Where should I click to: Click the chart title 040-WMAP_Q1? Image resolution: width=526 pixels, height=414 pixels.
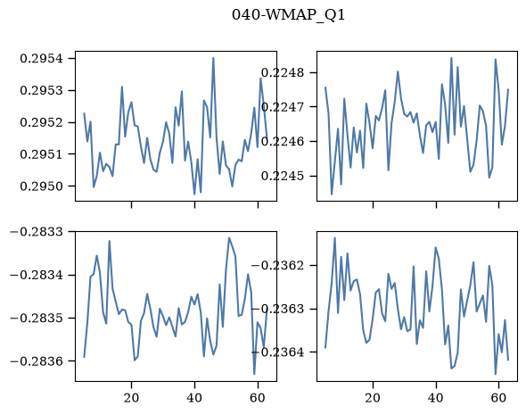coord(288,15)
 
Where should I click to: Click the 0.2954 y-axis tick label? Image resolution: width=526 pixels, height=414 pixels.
coord(42,58)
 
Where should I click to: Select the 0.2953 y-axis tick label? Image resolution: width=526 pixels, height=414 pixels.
coord(42,90)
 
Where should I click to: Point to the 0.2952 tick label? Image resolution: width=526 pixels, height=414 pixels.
coord(42,122)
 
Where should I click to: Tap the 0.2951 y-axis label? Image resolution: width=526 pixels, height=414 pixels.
coord(42,154)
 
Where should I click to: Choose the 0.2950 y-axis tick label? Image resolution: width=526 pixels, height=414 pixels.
coord(42,186)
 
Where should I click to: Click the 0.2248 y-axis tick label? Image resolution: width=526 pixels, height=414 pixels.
coord(283,72)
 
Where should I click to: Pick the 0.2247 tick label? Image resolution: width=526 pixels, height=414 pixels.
coord(283,107)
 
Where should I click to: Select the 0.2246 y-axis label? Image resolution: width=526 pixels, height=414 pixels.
coord(283,141)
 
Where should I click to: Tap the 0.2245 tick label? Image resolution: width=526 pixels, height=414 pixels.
coord(283,176)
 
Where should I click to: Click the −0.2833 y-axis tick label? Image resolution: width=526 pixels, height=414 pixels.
coord(37,232)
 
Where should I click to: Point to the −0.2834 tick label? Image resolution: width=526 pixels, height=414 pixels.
coord(37,275)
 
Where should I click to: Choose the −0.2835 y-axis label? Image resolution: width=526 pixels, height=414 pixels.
coord(37,318)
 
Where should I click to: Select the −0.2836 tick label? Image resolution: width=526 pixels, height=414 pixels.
coord(37,361)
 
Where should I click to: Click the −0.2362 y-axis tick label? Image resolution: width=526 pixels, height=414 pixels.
coord(278,265)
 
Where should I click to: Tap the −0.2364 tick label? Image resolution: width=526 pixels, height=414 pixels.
coord(278,352)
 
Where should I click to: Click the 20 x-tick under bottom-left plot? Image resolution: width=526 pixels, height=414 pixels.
coord(131,398)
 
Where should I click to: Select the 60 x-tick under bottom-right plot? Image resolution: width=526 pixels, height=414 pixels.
coord(499,398)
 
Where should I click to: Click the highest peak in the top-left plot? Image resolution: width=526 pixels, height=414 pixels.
coord(213,58)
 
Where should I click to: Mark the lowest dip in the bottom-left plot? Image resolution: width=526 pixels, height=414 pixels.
coord(254,374)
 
